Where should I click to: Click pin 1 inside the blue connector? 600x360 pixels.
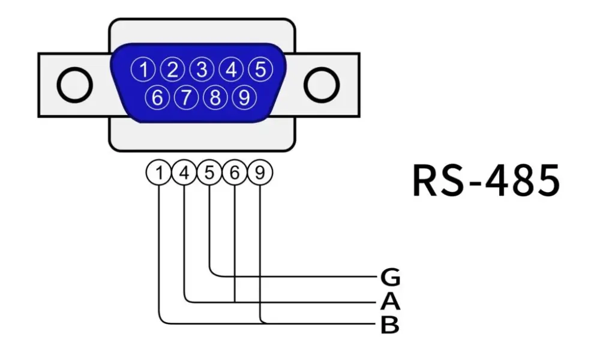pyautogui.click(x=143, y=70)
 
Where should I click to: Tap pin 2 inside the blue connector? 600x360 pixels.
pyautogui.click(x=172, y=70)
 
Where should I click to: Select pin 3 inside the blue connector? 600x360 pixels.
pyautogui.click(x=202, y=70)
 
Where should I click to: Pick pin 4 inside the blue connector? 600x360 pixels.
pyautogui.click(x=230, y=70)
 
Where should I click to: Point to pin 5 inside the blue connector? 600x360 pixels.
pyautogui.click(x=259, y=70)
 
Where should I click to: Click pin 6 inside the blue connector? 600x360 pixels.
pyautogui.click(x=158, y=98)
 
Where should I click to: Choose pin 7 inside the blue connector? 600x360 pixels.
pyautogui.click(x=187, y=98)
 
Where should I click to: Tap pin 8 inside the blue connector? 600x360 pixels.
pyautogui.click(x=215, y=98)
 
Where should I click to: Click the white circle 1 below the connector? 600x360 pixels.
pyautogui.click(x=159, y=173)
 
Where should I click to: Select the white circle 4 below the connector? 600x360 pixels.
pyautogui.click(x=184, y=173)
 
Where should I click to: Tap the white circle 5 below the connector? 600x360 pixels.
pyautogui.click(x=209, y=173)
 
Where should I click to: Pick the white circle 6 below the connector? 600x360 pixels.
pyautogui.click(x=235, y=173)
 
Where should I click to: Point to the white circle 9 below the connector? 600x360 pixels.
pyautogui.click(x=260, y=173)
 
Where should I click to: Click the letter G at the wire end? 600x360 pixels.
pyautogui.click(x=390, y=278)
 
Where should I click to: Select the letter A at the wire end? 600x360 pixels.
pyautogui.click(x=390, y=301)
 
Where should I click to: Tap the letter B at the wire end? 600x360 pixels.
pyautogui.click(x=390, y=325)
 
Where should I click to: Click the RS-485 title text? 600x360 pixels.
pyautogui.click(x=486, y=180)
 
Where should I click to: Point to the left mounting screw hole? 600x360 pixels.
pyautogui.click(x=74, y=85)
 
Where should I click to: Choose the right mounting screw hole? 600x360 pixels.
pyautogui.click(x=322, y=85)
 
